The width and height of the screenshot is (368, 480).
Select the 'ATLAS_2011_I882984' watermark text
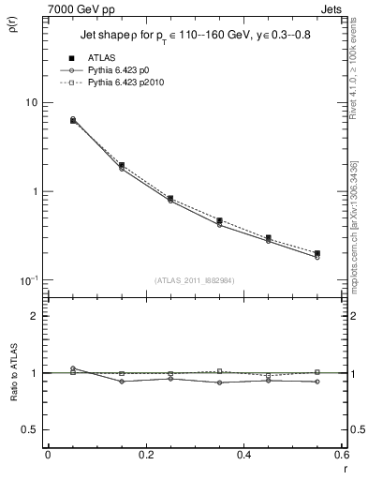(x=194, y=279)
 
